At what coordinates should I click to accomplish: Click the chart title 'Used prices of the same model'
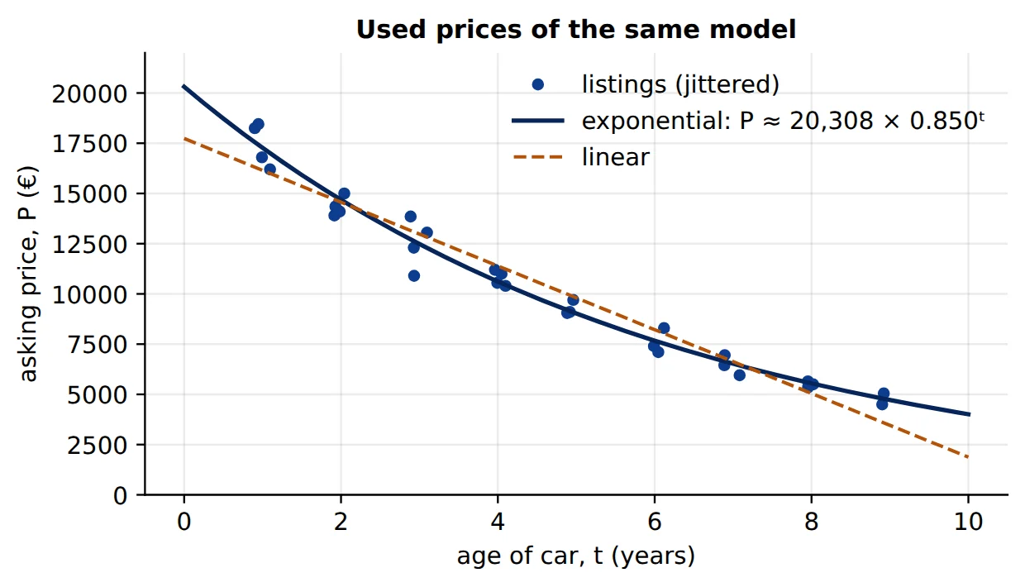576,30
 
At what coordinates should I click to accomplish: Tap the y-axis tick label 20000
89,95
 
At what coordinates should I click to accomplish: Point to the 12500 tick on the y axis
89,245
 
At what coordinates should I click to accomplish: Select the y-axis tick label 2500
97,446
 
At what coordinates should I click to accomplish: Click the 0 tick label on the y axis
121,495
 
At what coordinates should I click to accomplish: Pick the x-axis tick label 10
968,522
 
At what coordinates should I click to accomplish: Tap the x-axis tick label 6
655,522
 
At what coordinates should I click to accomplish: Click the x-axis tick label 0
184,522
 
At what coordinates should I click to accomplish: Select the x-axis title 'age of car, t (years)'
575,556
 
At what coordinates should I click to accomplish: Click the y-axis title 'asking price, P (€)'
28,274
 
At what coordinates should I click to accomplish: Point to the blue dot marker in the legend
538,84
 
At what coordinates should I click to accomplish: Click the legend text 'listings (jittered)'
680,84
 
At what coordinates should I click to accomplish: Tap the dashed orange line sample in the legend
538,157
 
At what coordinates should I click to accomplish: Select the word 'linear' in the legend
616,158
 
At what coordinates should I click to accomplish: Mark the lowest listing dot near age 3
413,276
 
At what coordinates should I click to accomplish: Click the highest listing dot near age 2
344,193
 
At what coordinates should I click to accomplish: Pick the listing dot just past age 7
740,375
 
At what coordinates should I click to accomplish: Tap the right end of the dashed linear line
969,457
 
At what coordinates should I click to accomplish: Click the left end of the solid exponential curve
184,86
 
